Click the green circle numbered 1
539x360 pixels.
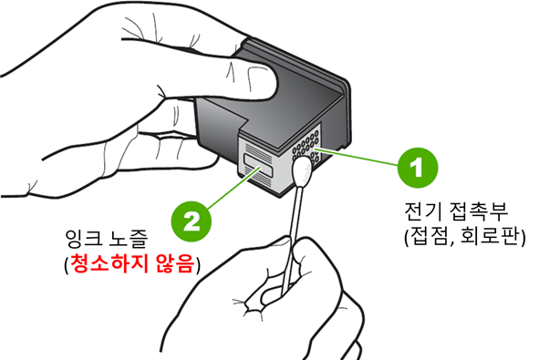pos(418,168)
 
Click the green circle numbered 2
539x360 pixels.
pos(192,221)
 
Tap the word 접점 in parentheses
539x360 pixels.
pos(430,236)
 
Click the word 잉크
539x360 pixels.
pos(82,238)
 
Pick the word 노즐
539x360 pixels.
pos(129,238)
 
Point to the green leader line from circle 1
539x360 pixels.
pos(358,158)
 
